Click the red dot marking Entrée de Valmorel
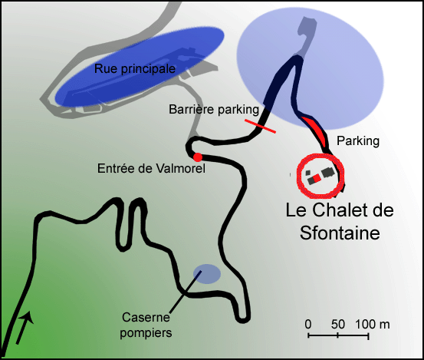click(x=198, y=157)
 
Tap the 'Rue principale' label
click(x=135, y=68)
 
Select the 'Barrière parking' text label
click(x=214, y=109)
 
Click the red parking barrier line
click(x=260, y=126)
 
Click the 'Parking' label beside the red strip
click(x=358, y=140)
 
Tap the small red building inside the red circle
click(x=316, y=178)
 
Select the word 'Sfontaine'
click(x=340, y=233)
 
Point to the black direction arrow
click(x=25, y=327)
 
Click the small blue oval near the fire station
click(x=207, y=274)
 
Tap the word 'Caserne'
click(x=146, y=317)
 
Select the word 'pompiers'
click(x=146, y=332)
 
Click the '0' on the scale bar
click(x=308, y=324)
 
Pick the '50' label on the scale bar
click(x=338, y=324)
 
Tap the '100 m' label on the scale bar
click(x=373, y=324)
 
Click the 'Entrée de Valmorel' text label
click(x=151, y=168)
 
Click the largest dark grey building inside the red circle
click(x=327, y=173)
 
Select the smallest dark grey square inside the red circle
click(x=308, y=173)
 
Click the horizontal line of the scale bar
click(x=338, y=336)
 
